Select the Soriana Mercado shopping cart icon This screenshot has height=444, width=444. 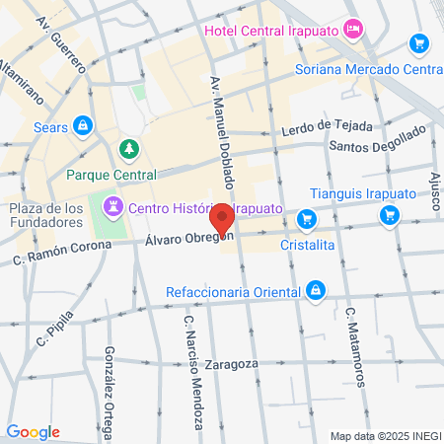420,44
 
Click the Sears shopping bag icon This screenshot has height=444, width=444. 83,125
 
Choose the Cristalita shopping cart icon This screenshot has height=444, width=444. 307,219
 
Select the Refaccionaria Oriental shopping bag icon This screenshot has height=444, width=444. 315,290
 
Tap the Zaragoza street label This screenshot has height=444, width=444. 236,363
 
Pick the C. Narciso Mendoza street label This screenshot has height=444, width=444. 192,370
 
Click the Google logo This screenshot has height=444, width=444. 33,432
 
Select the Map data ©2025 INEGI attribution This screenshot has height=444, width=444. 385,436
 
